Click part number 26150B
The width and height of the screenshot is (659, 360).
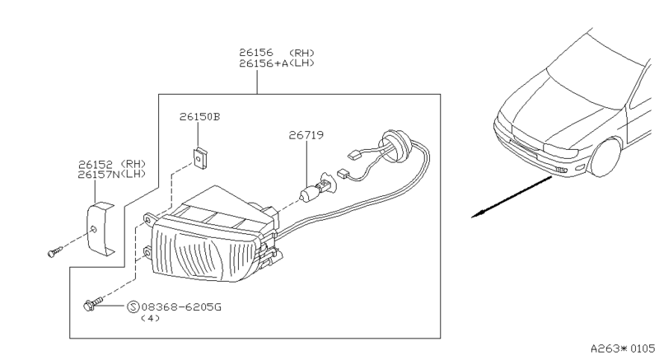pyautogui.click(x=199, y=117)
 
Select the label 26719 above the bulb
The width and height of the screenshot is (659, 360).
pyautogui.click(x=306, y=135)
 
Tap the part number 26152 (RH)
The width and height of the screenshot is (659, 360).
pyautogui.click(x=112, y=164)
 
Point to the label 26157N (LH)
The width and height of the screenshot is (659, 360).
pyautogui.click(x=112, y=174)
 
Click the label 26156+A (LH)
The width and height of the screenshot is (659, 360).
pyautogui.click(x=277, y=63)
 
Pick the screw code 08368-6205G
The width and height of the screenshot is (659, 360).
pyautogui.click(x=181, y=307)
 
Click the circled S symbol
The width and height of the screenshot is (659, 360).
pyautogui.click(x=133, y=307)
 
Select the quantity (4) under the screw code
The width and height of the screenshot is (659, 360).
pyautogui.click(x=150, y=318)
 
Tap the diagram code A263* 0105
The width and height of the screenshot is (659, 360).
pyautogui.click(x=623, y=348)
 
